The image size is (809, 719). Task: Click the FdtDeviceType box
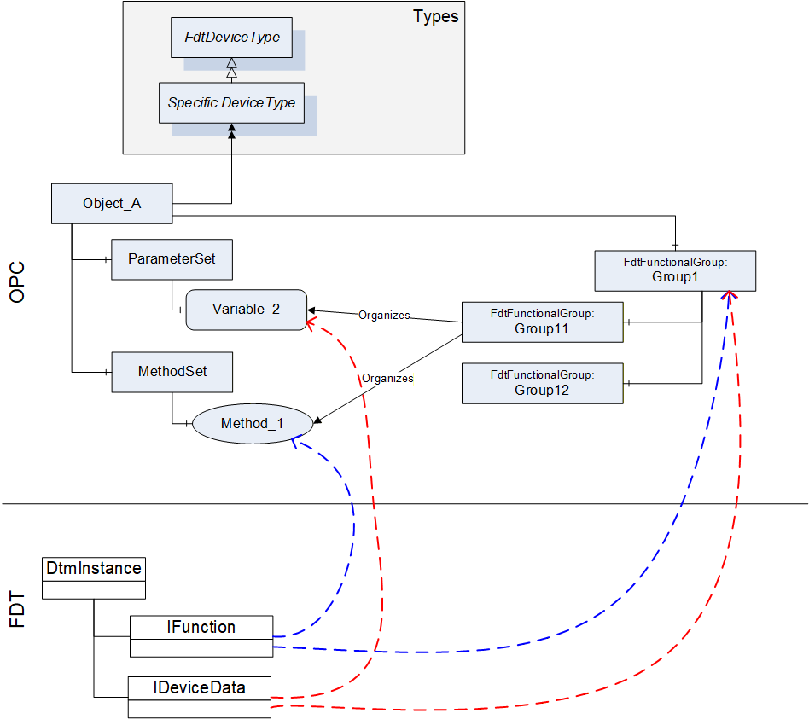(x=231, y=38)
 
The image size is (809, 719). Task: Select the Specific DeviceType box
(x=231, y=102)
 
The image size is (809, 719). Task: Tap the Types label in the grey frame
(x=435, y=17)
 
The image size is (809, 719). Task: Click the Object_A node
(x=112, y=204)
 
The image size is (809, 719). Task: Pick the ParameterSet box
(x=172, y=259)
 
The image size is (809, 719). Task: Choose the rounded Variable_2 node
(x=246, y=310)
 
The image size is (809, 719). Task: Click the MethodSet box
(x=172, y=372)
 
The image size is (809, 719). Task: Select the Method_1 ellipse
(x=253, y=423)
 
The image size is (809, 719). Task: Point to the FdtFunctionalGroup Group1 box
(x=675, y=270)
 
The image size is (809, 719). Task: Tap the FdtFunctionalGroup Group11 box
(x=542, y=322)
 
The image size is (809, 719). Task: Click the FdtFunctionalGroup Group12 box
(x=542, y=384)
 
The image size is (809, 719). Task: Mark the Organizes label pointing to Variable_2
(x=384, y=315)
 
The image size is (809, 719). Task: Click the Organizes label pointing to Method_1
(x=387, y=379)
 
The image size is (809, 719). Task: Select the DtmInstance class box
(x=94, y=578)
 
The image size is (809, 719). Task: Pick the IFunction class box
(x=201, y=636)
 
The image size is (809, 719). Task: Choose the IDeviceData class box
(x=199, y=698)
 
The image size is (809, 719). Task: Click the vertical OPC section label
(x=17, y=282)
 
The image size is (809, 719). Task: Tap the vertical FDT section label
(x=17, y=609)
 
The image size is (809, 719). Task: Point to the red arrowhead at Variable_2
(x=311, y=324)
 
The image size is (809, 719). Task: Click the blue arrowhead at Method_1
(x=295, y=442)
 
